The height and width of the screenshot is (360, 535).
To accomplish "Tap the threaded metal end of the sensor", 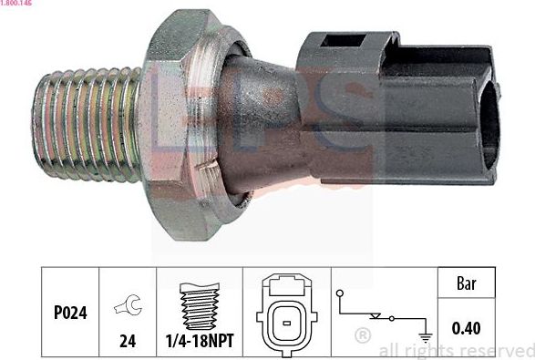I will pyautogui.click(x=87, y=120).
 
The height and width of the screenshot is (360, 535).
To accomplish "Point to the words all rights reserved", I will pyautogui.click(x=456, y=350).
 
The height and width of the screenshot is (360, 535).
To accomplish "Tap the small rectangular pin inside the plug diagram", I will pyautogui.click(x=285, y=320).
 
